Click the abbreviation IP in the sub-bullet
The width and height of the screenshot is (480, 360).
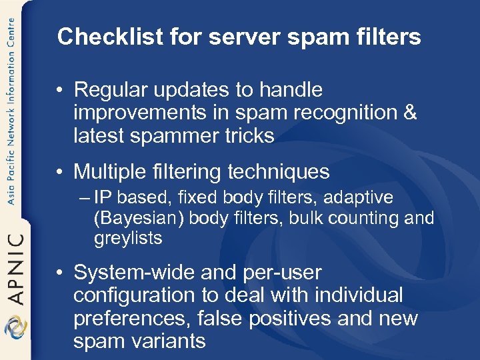click(102, 198)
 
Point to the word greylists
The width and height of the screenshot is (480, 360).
click(128, 238)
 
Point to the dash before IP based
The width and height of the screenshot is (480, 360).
click(87, 198)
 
